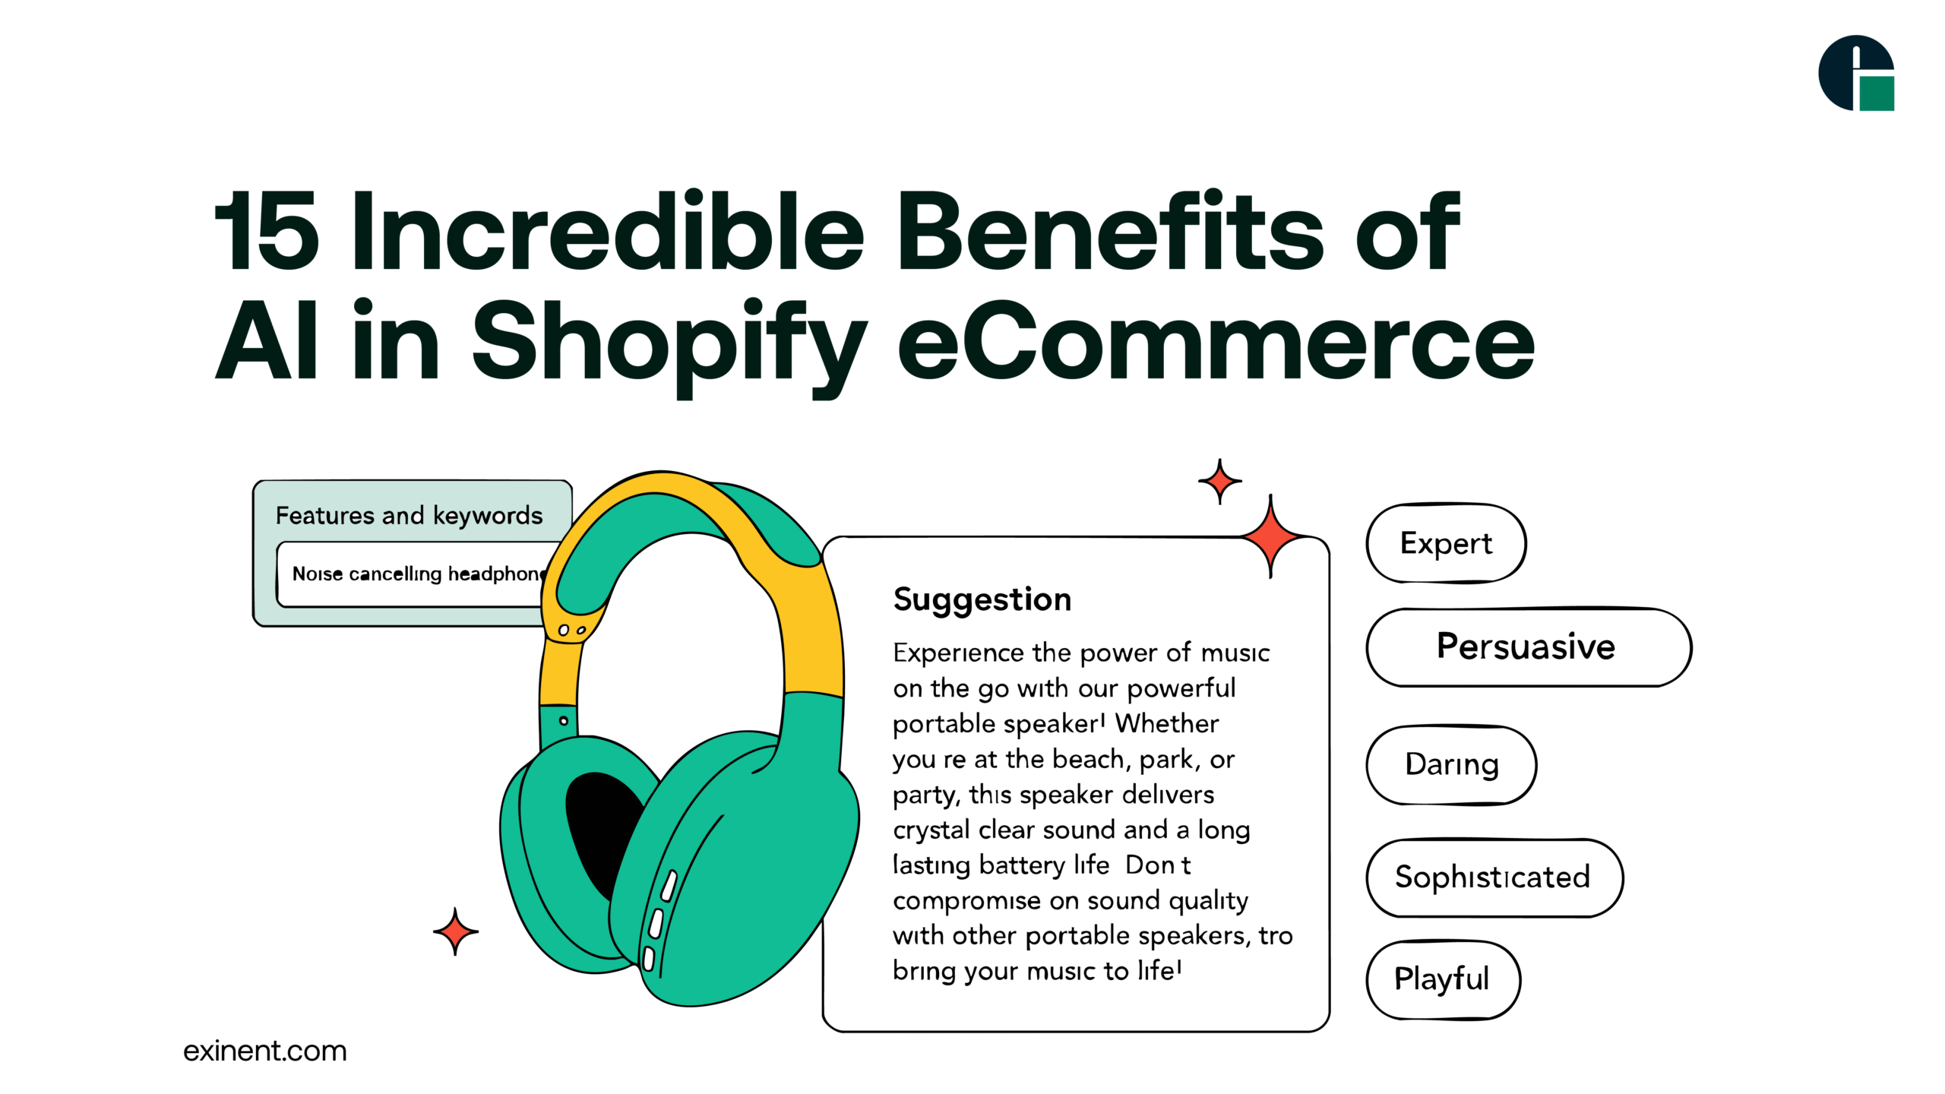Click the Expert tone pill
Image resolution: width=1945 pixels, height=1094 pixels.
tap(1445, 544)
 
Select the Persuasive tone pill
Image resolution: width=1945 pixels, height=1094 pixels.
tap(1527, 647)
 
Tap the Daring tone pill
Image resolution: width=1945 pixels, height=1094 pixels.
tap(1451, 764)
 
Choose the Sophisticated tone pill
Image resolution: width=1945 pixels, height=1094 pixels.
tap(1492, 877)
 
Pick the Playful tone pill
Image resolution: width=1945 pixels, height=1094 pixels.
tap(1442, 979)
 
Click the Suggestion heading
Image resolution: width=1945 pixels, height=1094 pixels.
tap(982, 599)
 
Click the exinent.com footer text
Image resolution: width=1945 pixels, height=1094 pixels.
tap(264, 1051)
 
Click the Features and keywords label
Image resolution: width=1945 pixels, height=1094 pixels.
tap(409, 516)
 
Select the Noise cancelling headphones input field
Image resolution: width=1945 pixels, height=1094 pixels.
tap(414, 574)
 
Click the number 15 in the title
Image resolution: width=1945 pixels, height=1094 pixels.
tap(266, 232)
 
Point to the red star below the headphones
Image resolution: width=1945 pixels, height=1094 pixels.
tap(455, 931)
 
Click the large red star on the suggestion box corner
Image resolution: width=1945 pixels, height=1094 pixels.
tap(1270, 536)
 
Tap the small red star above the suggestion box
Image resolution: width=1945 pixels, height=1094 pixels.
tap(1219, 481)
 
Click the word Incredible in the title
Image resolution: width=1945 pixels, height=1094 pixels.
tap(608, 232)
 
